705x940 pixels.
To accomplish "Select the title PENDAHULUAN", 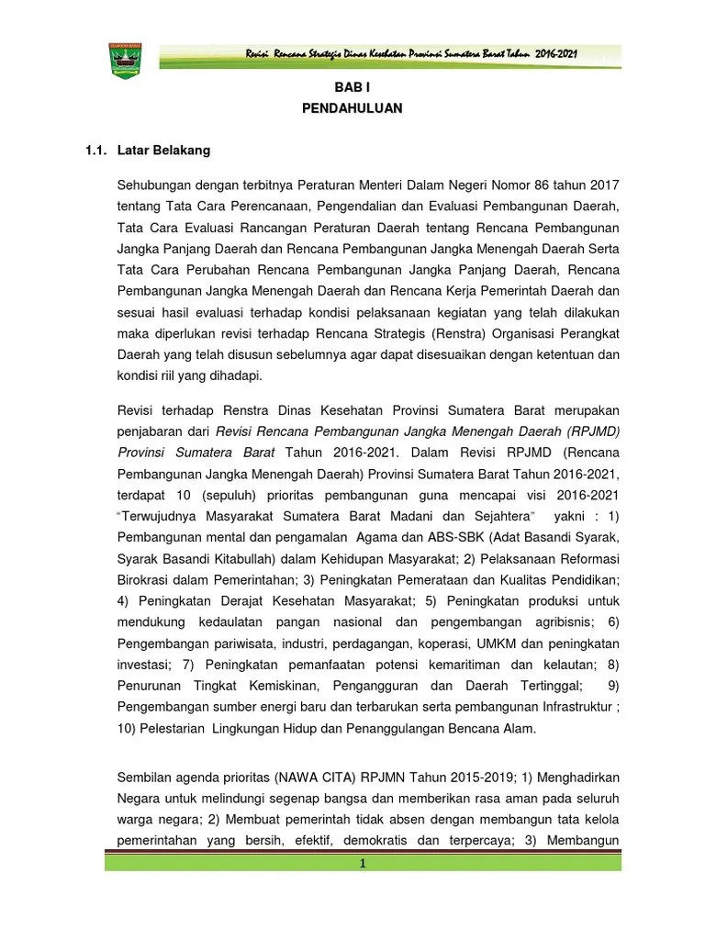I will pyautogui.click(x=352, y=108).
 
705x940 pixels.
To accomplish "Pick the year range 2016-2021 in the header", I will pyautogui.click(x=557, y=56).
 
